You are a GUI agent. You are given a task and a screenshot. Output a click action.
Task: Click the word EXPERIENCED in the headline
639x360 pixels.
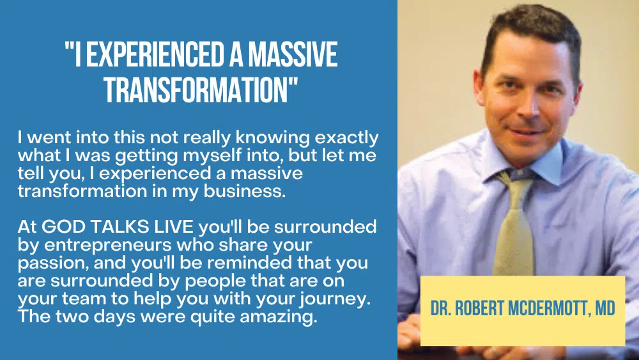[x=155, y=54]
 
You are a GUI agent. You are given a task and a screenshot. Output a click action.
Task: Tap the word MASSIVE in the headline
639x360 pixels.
[x=293, y=54]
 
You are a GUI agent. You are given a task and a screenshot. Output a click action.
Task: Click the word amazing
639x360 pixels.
[x=279, y=317]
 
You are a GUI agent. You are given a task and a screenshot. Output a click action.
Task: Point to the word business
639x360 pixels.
[x=245, y=191]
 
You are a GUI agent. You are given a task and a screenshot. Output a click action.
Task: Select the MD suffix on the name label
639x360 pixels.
[x=605, y=308]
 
